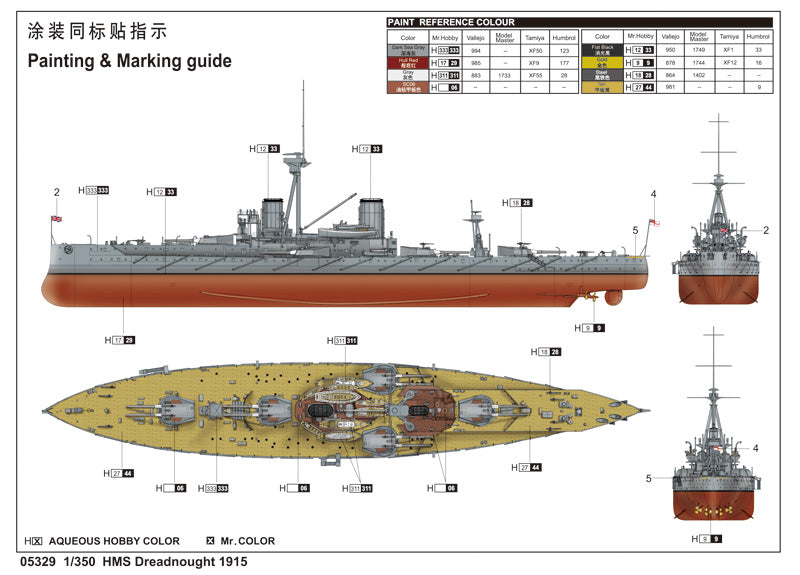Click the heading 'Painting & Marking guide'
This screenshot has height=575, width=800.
click(x=129, y=61)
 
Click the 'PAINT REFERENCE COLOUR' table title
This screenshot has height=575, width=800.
click(x=452, y=22)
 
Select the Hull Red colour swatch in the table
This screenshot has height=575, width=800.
click(x=407, y=62)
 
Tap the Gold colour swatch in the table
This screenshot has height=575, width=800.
click(x=602, y=62)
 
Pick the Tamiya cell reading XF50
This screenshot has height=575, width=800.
click(x=534, y=49)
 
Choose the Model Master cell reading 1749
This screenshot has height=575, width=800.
click(x=699, y=49)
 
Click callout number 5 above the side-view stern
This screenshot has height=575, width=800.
click(x=634, y=230)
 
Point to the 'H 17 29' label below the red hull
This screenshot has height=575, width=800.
click(x=119, y=340)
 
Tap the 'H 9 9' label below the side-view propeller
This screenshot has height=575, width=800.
click(x=589, y=327)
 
